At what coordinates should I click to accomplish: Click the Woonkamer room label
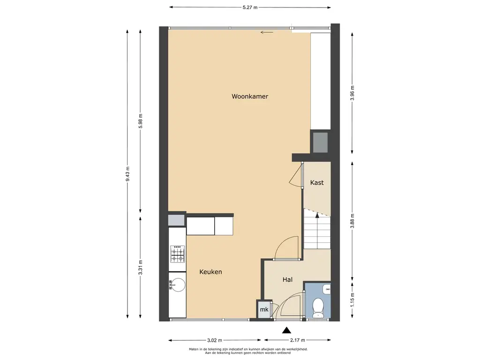250,97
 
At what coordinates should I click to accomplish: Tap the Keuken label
210,272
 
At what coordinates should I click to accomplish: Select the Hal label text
287,279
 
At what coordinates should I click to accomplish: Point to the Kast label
317,183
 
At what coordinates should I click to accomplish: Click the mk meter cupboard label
264,309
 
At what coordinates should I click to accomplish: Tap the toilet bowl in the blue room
319,307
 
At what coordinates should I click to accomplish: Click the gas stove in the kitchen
178,254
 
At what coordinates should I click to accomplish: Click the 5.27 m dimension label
250,7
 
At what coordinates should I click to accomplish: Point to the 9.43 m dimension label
127,174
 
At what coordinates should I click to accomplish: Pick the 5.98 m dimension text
141,121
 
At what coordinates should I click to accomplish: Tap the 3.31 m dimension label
141,267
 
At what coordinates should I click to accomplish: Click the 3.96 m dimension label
352,93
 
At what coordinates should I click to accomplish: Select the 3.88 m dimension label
352,221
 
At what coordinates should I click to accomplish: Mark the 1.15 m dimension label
352,300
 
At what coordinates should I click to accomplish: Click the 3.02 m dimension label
215,340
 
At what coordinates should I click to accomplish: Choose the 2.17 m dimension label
298,340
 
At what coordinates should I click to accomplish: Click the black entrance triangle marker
286,330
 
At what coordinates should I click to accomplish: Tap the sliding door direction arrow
267,32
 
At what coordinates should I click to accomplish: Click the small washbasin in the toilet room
327,289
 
